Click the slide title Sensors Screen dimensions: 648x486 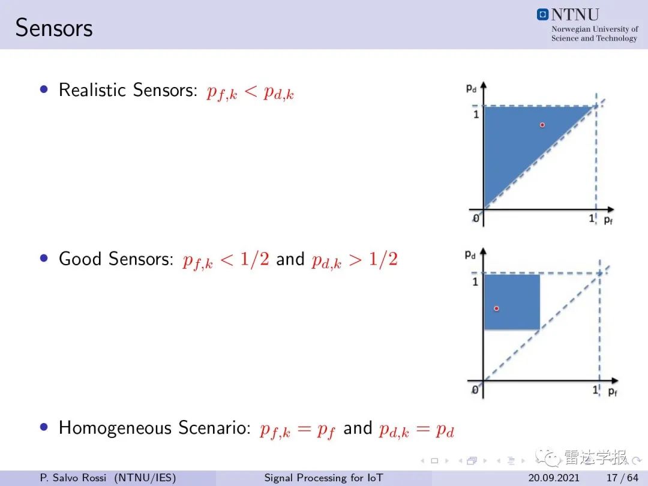coord(54,28)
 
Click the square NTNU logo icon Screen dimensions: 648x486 coord(542,14)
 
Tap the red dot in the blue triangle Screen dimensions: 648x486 coord(542,125)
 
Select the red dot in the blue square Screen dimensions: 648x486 coord(496,308)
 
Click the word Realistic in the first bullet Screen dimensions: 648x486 coord(92,89)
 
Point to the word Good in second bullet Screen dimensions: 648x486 coord(81,259)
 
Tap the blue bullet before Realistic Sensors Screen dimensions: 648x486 coord(44,89)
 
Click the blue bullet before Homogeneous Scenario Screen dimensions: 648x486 coord(44,427)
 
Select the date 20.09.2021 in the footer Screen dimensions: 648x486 coord(554,478)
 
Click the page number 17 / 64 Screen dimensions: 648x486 coord(622,478)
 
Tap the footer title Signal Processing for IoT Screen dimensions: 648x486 coord(323,478)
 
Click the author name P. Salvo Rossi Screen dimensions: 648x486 coord(73,478)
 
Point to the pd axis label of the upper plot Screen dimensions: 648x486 coord(471,88)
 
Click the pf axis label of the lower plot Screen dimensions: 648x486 coord(613,391)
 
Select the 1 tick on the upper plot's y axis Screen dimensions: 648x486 coord(476,114)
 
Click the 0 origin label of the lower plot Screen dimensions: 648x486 coord(475,390)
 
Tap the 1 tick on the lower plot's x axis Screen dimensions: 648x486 coord(595,390)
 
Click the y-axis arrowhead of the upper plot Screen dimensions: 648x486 coord(484,85)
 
